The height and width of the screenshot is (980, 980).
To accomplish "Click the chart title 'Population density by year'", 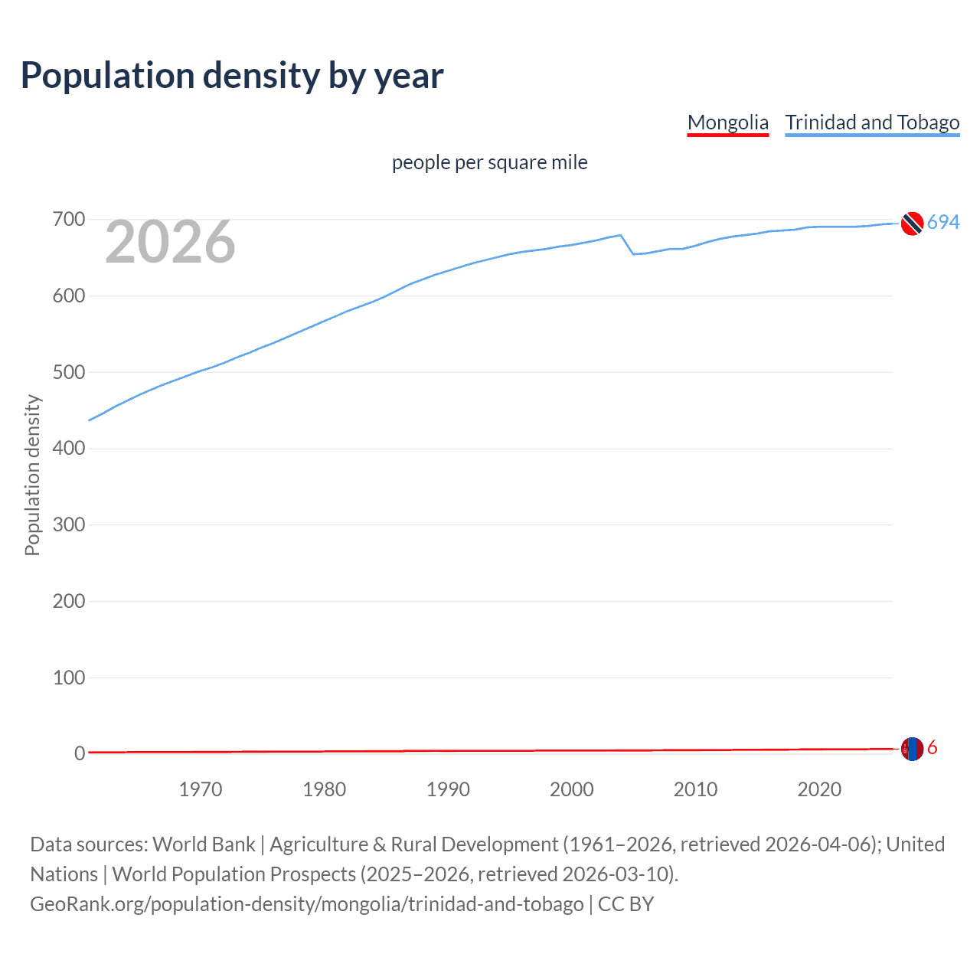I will point(232,75).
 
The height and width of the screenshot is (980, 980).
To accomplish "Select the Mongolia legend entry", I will point(727,122).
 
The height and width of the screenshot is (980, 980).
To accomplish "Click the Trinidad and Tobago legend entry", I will point(872,122).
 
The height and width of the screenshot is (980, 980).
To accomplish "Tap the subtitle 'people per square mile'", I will point(489,162).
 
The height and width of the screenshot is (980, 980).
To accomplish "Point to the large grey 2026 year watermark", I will point(170,242).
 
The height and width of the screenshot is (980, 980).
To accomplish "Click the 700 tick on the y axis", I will point(68,220).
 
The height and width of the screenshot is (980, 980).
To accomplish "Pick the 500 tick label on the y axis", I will point(68,372).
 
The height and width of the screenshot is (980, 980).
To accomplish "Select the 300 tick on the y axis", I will point(68,525).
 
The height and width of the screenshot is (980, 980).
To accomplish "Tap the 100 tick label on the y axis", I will point(68,678).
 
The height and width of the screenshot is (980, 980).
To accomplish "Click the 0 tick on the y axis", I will point(80,753).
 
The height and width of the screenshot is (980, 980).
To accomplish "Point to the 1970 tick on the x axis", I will point(201,789).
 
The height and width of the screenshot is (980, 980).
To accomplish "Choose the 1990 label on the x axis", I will point(448,789).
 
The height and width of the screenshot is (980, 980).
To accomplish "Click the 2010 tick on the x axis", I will point(695,789).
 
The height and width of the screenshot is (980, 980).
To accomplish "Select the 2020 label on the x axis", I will point(819,789).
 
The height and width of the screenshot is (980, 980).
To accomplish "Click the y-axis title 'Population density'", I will point(32,475).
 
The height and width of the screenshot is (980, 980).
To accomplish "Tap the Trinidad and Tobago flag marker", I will point(912,223).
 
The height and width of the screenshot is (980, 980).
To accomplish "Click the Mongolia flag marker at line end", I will point(912,749).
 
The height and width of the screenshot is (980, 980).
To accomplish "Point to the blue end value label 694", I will point(943,222).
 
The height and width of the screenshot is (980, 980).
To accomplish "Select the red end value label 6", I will point(933,748).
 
